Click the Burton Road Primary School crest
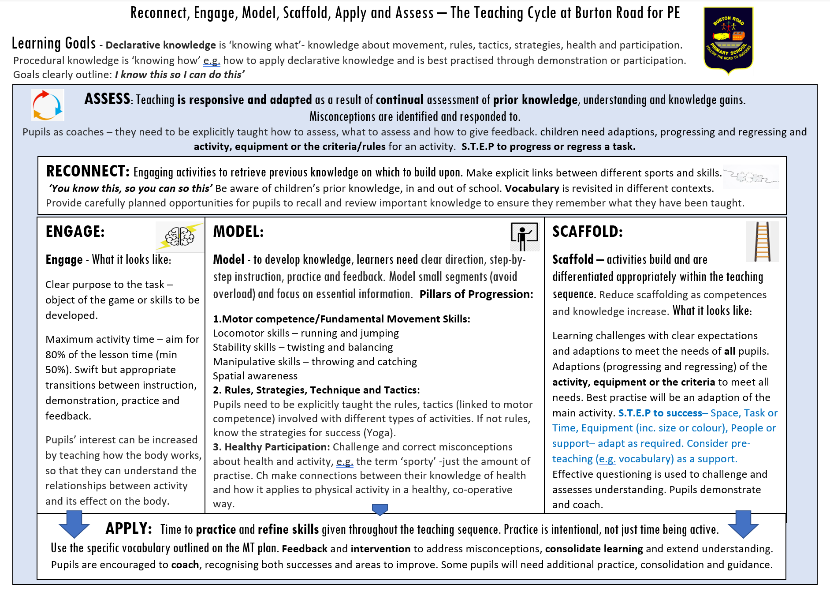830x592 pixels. point(728,40)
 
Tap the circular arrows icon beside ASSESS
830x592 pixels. point(48,105)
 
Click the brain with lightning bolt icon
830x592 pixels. point(180,236)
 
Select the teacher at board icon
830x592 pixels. point(524,236)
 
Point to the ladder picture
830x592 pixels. point(762,241)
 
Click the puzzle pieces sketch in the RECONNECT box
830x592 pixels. point(751,177)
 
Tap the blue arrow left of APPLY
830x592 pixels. point(74,524)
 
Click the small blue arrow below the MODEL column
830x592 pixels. point(380,510)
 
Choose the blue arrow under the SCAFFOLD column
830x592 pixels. point(743,524)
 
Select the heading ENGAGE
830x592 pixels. point(75,232)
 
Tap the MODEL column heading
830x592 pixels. point(238,232)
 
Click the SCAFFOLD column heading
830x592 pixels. point(587,232)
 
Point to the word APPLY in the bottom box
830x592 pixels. point(129,528)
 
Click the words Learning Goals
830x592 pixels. point(54,43)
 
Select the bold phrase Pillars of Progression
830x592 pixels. point(476,294)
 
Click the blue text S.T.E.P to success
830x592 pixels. point(659,413)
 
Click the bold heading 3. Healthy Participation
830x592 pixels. point(271,447)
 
